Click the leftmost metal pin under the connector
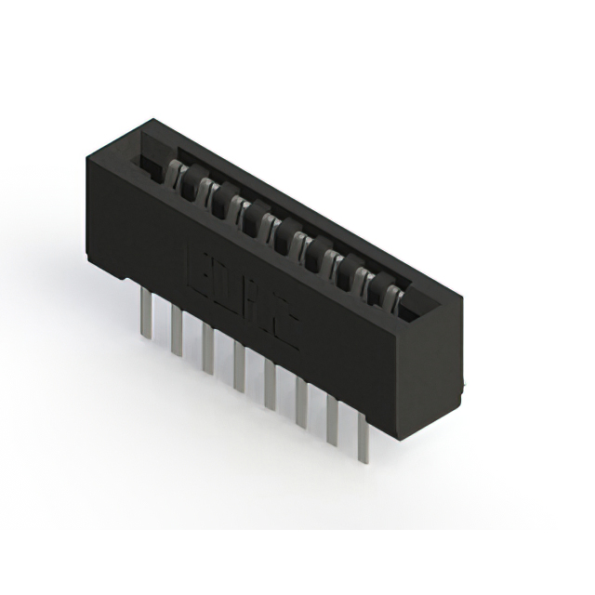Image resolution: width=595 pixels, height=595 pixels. pyautogui.click(x=145, y=312)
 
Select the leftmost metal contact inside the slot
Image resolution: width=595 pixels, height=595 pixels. pyautogui.click(x=174, y=171)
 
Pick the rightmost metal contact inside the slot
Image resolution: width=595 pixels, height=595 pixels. pyautogui.click(x=393, y=297)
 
